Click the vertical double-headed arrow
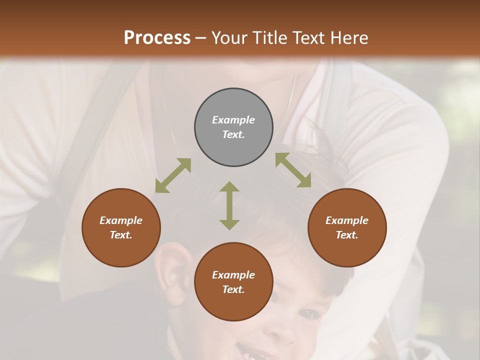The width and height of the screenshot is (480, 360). point(229,205)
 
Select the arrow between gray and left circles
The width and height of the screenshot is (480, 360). point(173,175)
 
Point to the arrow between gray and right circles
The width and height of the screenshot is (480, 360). point(293,170)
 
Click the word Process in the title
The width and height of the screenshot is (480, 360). point(157,37)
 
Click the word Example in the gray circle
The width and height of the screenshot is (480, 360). point(233,120)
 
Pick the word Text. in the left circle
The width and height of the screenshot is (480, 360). point(121,235)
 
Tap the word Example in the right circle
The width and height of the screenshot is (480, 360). point(347,220)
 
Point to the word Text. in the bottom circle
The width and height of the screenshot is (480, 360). point(233,289)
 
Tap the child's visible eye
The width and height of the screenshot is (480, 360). point(309,314)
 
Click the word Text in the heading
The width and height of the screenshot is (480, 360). point(309,37)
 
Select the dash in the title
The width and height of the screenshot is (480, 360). point(201,38)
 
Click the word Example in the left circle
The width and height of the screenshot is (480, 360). point(121,220)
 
